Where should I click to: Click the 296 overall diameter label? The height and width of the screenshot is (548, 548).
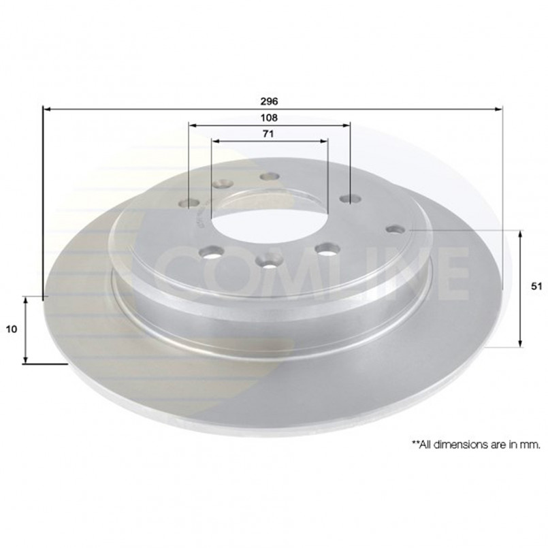click(269, 101)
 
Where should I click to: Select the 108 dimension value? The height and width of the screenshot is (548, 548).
click(269, 118)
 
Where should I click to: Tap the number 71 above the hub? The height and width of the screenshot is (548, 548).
click(268, 134)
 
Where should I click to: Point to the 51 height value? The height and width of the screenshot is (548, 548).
click(536, 286)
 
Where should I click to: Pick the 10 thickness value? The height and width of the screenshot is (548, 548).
click(12, 329)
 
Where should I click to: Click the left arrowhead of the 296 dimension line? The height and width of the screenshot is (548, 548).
click(47, 110)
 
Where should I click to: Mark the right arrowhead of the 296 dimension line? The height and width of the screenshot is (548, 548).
click(498, 110)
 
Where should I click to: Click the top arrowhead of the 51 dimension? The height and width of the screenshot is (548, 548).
click(520, 234)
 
